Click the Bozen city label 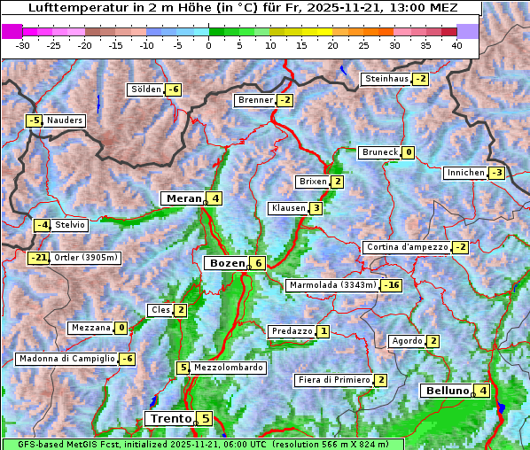(x=225, y=263)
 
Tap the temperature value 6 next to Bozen (x=257, y=263)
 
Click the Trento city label (x=169, y=418)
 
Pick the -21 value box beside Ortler (x=38, y=258)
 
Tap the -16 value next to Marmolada (x=392, y=285)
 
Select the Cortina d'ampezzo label (x=406, y=247)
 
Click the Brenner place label (x=255, y=100)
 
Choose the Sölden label (x=146, y=89)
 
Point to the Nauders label (x=65, y=120)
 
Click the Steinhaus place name (x=386, y=79)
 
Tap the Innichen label (x=465, y=173)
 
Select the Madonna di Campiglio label (x=66, y=359)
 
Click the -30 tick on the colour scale (x=23, y=44)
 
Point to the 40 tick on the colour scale (x=456, y=44)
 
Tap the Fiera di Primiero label (x=333, y=380)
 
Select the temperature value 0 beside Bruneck (x=408, y=152)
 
